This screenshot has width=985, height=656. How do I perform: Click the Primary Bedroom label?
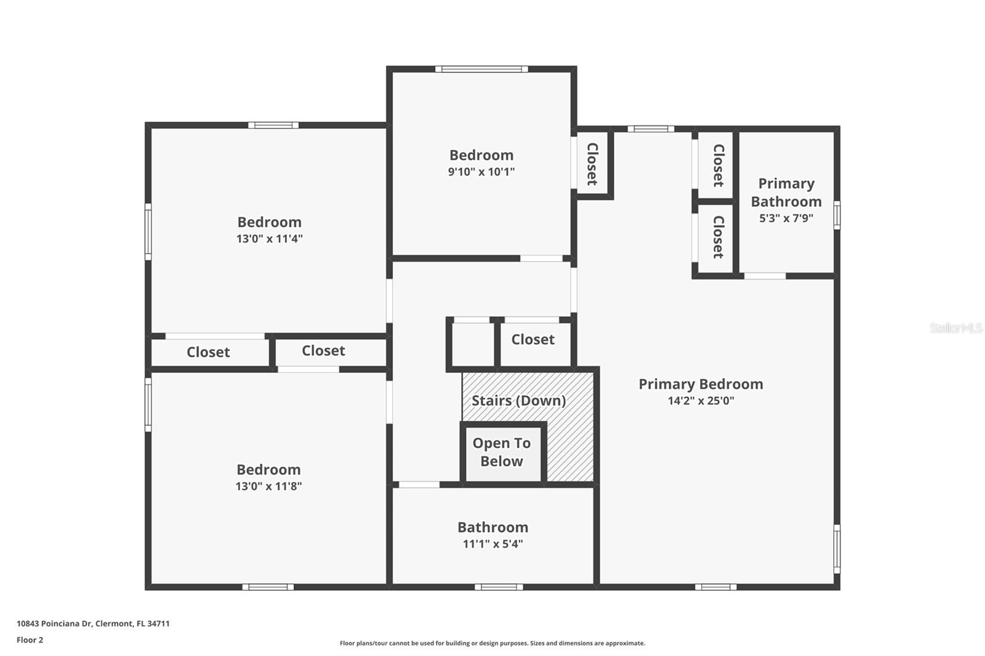click(701, 384)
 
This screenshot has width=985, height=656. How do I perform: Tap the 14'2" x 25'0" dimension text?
click(701, 401)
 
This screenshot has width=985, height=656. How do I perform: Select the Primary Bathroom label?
click(786, 192)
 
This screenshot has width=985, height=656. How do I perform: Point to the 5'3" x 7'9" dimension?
click(786, 218)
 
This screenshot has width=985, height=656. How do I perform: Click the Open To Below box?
click(502, 452)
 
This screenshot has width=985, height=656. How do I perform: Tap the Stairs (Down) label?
click(518, 401)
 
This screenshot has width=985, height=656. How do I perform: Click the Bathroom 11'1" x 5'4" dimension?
click(492, 543)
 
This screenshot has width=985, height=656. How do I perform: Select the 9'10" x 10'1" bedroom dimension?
click(481, 172)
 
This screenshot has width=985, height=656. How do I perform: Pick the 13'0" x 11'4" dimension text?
click(269, 239)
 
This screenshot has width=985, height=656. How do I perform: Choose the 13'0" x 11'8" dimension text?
click(268, 486)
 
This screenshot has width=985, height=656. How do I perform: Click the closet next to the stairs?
click(533, 340)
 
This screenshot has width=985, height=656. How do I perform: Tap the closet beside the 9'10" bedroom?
click(592, 164)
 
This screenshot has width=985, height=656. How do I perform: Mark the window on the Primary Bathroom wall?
click(837, 215)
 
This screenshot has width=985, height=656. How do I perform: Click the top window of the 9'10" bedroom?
click(481, 69)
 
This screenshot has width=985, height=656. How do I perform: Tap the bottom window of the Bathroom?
click(499, 587)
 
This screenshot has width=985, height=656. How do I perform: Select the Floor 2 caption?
click(30, 640)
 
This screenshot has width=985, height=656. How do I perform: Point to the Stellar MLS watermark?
click(955, 328)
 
